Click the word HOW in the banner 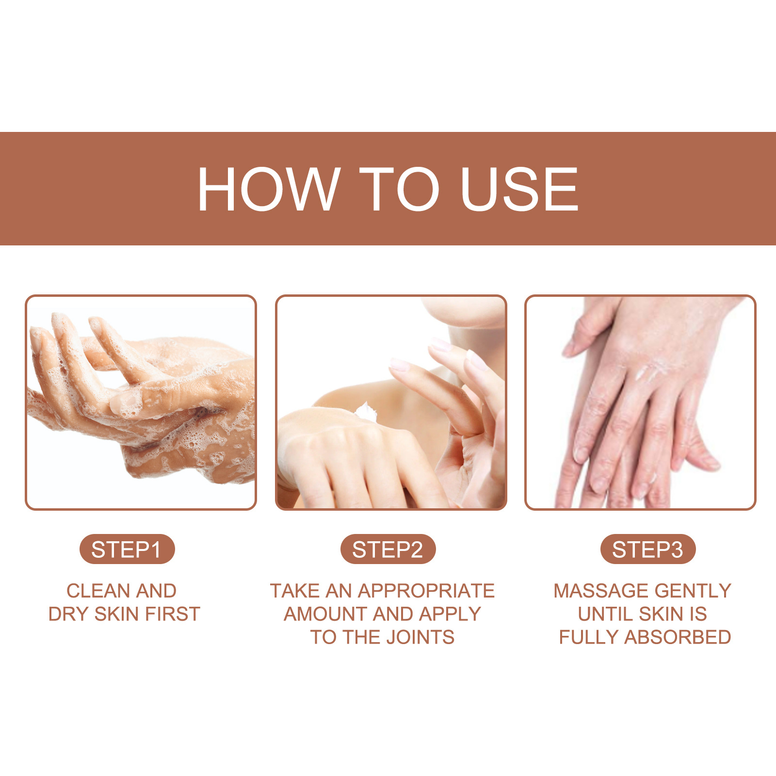point(268,189)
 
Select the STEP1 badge point(127,550)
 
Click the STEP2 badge point(388,550)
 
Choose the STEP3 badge point(647,550)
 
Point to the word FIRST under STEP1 point(173,614)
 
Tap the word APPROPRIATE point(426,591)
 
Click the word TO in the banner point(399,189)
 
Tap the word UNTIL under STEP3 point(603,614)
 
